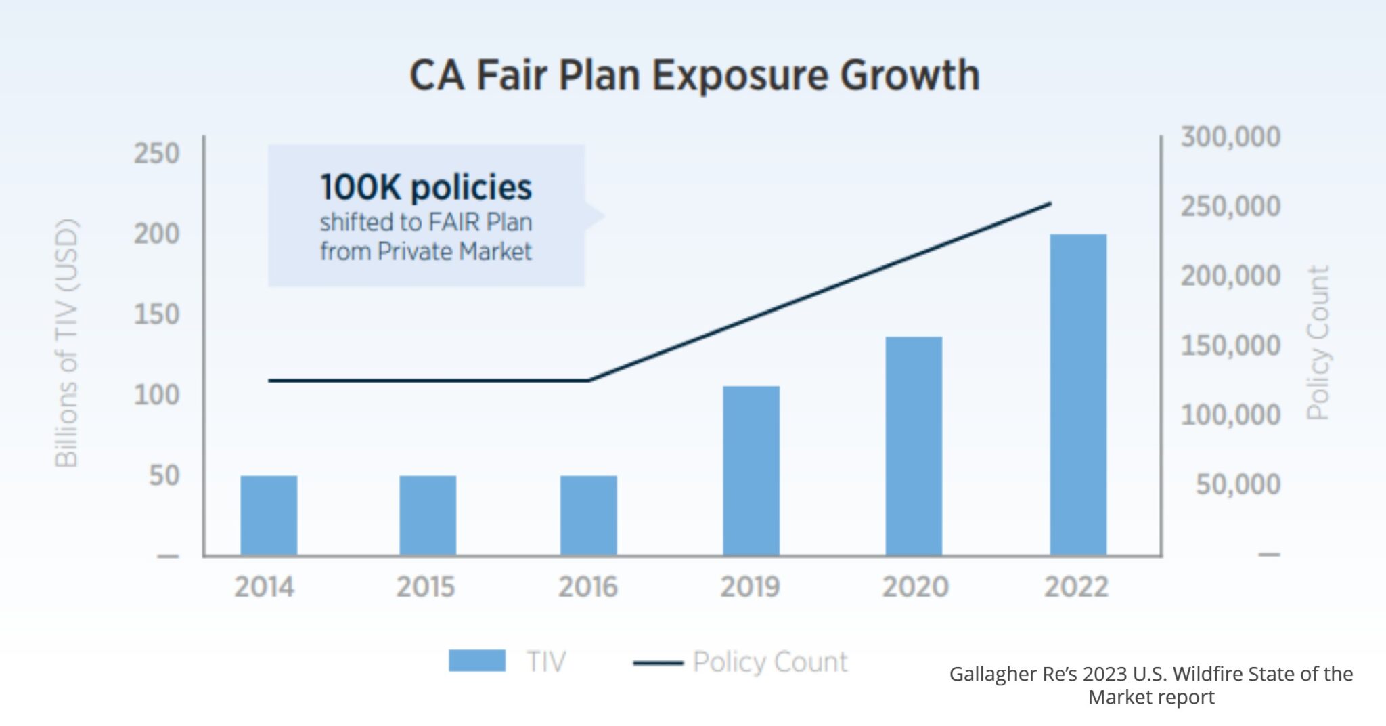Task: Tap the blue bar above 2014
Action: click(269, 515)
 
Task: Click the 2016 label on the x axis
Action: click(587, 586)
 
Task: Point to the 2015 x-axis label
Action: click(425, 586)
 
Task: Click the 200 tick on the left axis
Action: click(156, 234)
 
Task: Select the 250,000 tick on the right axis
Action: click(1230, 206)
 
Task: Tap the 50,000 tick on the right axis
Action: click(1238, 484)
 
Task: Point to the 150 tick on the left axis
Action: click(156, 314)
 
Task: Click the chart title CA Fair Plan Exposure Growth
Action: click(694, 74)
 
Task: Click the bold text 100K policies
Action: click(426, 187)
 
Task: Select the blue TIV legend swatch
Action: click(476, 661)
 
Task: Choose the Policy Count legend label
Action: click(769, 662)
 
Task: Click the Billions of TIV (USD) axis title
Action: click(66, 343)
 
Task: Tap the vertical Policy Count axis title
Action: click(1318, 343)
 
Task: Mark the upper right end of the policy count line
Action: click(1050, 203)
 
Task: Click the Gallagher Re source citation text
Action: click(1150, 685)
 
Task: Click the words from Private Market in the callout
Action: click(426, 251)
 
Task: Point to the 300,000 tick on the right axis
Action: click(1230, 137)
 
